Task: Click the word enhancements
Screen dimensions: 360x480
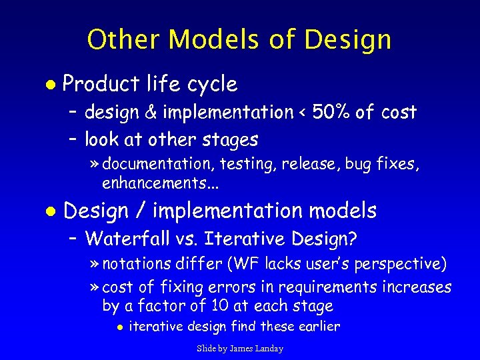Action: click(x=151, y=182)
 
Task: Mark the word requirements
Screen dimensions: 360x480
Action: click(x=326, y=287)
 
